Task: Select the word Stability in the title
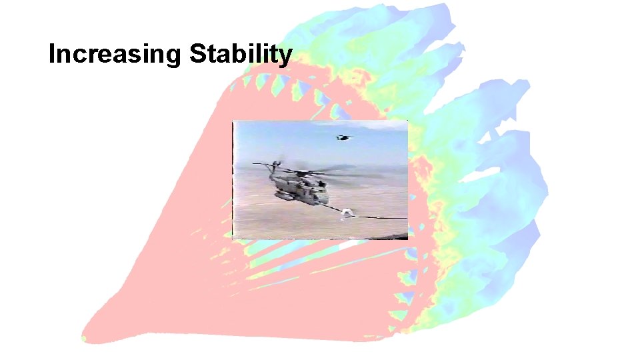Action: pyautogui.click(x=241, y=55)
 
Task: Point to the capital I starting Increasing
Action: pyautogui.click(x=53, y=54)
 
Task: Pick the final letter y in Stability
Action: pyautogui.click(x=285, y=57)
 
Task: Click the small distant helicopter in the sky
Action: pyautogui.click(x=343, y=138)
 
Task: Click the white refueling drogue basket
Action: pyautogui.click(x=347, y=213)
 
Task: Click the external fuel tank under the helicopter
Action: pyautogui.click(x=286, y=196)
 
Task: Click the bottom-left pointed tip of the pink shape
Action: pyautogui.click(x=84, y=337)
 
